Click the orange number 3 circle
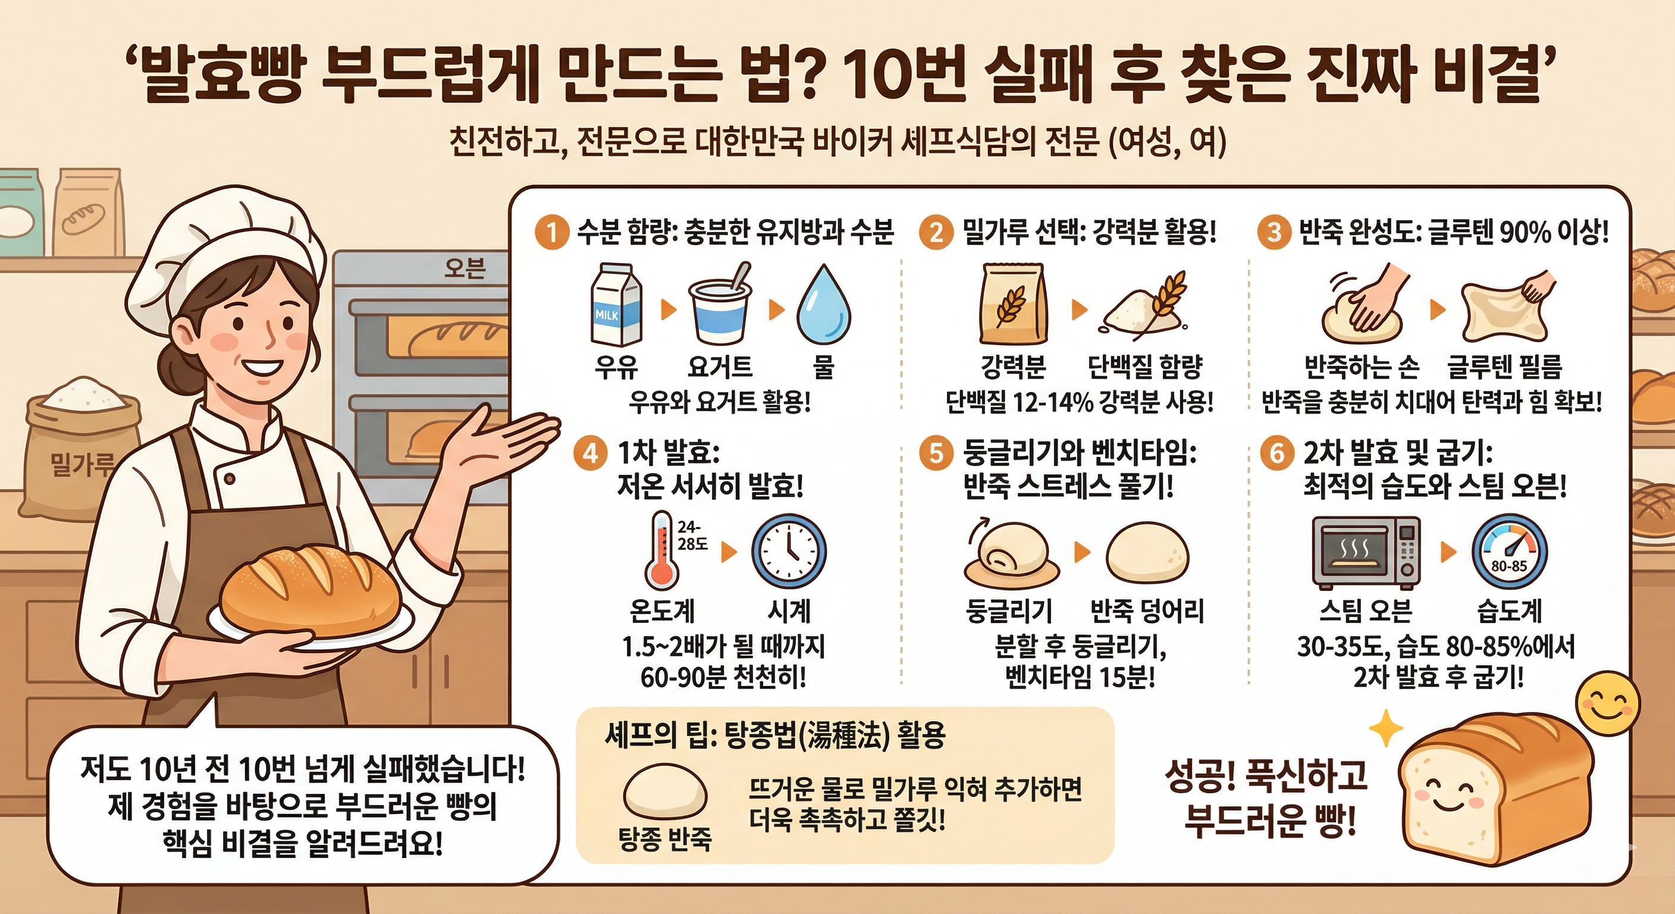pyautogui.click(x=1273, y=232)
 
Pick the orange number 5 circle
pyautogui.click(x=936, y=452)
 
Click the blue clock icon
pyautogui.click(x=789, y=552)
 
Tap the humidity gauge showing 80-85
pyautogui.click(x=1508, y=552)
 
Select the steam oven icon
pyautogui.click(x=1366, y=552)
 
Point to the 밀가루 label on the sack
pyautogui.click(x=81, y=464)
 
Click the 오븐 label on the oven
pyautogui.click(x=465, y=268)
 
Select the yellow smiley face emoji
pyautogui.click(x=1607, y=704)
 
